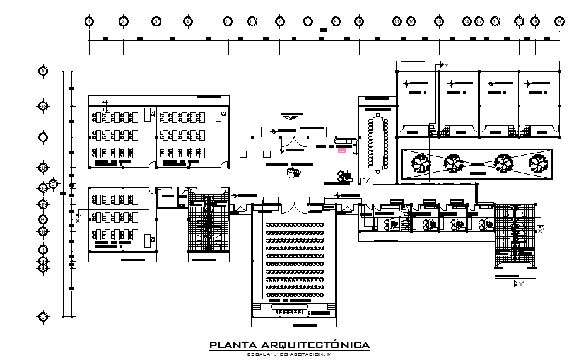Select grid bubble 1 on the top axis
[90, 21]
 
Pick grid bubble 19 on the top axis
[559, 21]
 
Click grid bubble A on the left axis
[44, 71]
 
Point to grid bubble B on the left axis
[44, 106]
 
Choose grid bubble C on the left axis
[44, 137]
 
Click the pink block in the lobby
[342, 150]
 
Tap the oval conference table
[378, 142]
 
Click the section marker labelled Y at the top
[441, 66]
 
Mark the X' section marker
[541, 228]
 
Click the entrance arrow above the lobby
[290, 117]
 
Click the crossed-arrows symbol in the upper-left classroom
[105, 105]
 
